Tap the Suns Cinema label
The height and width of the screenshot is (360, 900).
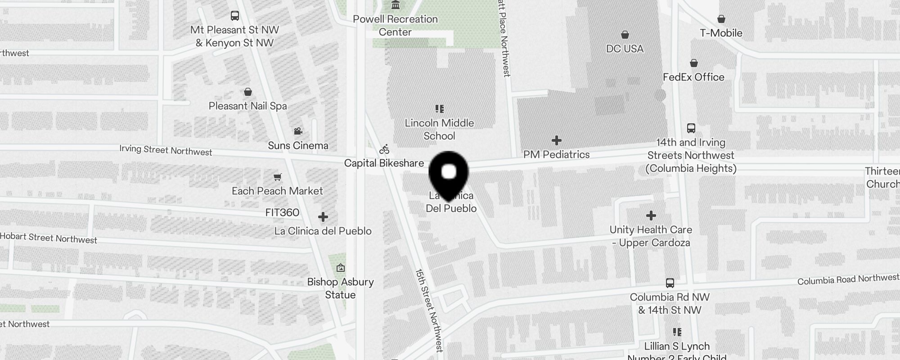click(298, 145)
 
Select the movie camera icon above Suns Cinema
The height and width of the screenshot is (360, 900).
click(298, 131)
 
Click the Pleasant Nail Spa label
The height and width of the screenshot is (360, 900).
click(247, 106)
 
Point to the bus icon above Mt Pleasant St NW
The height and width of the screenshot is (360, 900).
click(234, 16)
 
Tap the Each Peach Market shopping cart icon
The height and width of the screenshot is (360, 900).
click(278, 177)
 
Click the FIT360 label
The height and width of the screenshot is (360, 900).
click(282, 212)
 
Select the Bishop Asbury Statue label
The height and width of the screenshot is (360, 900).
click(340, 288)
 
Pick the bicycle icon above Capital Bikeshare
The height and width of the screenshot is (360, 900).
click(384, 149)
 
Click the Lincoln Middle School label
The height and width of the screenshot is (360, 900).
click(439, 129)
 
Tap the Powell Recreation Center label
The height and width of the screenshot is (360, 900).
click(395, 25)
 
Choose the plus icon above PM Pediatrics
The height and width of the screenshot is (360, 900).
click(557, 140)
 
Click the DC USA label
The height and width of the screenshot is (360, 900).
click(625, 49)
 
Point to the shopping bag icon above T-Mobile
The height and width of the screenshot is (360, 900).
click(721, 19)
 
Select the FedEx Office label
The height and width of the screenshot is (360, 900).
click(693, 77)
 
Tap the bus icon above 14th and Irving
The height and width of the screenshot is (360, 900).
click(691, 128)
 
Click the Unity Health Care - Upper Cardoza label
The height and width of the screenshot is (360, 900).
click(651, 236)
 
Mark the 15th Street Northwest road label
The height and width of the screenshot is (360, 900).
click(429, 310)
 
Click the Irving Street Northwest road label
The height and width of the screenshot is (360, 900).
click(166, 150)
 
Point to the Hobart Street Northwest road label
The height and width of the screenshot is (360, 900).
click(49, 238)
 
